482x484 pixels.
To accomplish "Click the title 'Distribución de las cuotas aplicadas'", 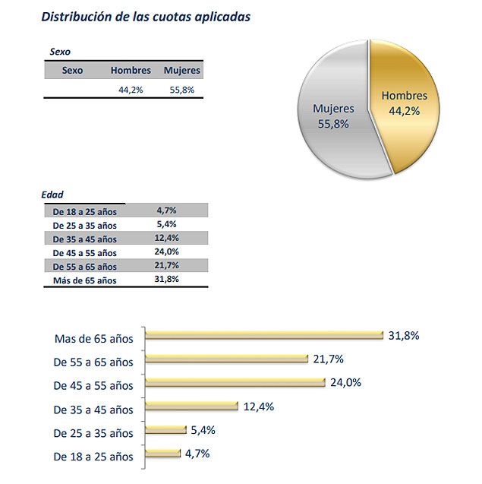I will [x=145, y=16].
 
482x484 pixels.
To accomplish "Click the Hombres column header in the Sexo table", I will [x=131, y=71].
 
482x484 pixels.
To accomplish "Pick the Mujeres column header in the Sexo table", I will [x=182, y=71].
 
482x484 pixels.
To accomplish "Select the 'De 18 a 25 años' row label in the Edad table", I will [x=84, y=211].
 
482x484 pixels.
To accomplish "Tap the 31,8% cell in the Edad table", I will [x=166, y=279].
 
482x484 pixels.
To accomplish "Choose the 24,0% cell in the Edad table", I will [x=166, y=251].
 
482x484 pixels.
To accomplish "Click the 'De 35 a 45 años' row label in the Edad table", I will [x=84, y=239].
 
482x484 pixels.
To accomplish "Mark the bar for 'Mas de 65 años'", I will [x=263, y=334].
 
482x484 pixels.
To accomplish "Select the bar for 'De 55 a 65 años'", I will [x=226, y=359].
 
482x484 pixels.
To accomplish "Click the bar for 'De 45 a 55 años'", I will [x=235, y=382].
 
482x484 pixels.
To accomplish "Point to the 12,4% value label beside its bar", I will [x=259, y=406].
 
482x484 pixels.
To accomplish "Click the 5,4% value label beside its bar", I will [x=203, y=430].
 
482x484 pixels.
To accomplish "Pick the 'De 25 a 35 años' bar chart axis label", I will [x=93, y=433].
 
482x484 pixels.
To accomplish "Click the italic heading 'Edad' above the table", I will [x=52, y=195].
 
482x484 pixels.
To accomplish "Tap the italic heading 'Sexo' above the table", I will [x=60, y=52].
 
